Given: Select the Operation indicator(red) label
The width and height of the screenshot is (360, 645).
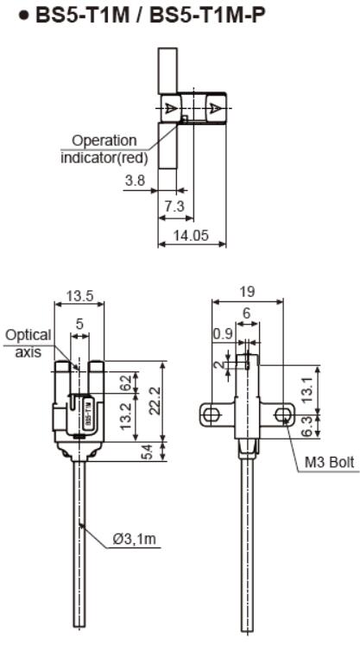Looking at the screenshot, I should (104, 149).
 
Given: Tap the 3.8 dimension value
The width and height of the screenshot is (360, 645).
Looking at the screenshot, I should (135, 182).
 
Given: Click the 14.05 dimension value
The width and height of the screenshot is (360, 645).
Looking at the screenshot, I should (191, 236).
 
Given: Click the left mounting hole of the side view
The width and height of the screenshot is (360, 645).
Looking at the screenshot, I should (208, 416).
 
